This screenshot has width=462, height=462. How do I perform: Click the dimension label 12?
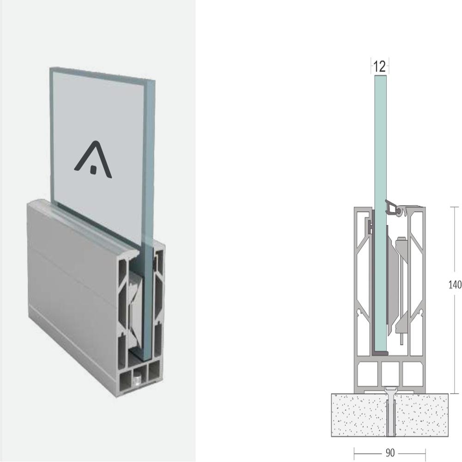coord(379,67)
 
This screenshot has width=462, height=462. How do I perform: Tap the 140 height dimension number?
coord(455,285)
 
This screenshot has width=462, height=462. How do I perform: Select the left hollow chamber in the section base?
coord(367,374)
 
